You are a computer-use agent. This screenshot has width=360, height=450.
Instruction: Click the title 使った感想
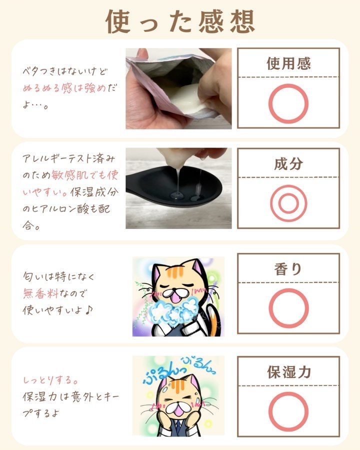pyautogui.click(x=180, y=21)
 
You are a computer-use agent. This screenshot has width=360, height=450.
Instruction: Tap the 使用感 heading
pyautogui.click(x=288, y=63)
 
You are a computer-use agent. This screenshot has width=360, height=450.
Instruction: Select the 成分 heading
pyautogui.click(x=288, y=164)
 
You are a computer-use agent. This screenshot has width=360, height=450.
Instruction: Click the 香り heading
pyautogui.click(x=288, y=269)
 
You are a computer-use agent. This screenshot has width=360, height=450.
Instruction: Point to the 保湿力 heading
pyautogui.click(x=289, y=372)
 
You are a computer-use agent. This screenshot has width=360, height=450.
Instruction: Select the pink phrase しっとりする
pyautogui.click(x=50, y=380)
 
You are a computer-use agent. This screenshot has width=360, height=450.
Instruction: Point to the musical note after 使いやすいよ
pyautogui.click(x=89, y=310)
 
